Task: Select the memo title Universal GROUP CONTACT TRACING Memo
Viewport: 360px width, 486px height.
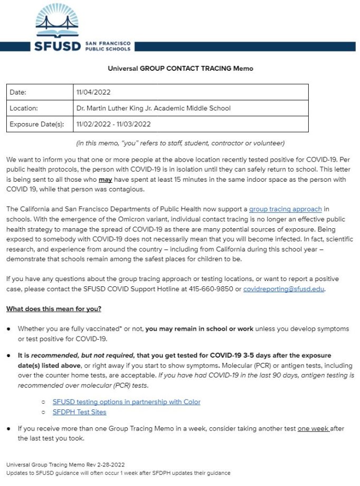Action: tap(181, 69)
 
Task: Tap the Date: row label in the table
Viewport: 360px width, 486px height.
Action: tap(18, 92)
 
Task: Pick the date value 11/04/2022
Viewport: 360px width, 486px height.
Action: tap(93, 92)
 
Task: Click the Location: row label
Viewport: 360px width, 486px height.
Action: tap(24, 108)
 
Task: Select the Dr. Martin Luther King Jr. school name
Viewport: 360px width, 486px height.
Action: tap(153, 108)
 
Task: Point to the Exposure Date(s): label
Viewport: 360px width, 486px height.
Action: tap(36, 125)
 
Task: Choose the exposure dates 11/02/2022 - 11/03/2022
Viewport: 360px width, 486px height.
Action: tap(113, 125)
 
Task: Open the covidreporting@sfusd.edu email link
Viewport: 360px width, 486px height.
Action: tap(284, 289)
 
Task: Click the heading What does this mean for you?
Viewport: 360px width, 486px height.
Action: tap(53, 309)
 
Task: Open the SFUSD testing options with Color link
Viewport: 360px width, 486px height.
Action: tap(127, 402)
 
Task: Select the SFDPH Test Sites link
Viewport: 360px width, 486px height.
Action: tap(79, 412)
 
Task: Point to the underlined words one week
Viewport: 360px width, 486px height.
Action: tap(314, 429)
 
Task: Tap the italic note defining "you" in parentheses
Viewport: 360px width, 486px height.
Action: tap(181, 143)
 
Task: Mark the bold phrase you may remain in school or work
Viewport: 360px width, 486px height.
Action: tap(200, 329)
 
